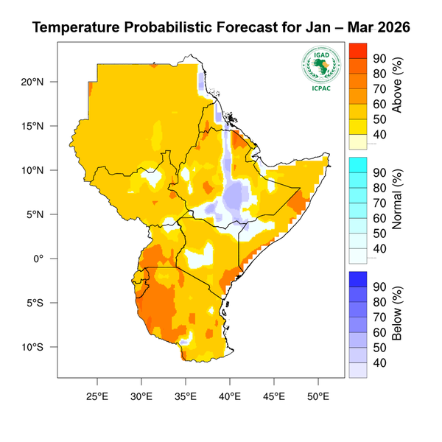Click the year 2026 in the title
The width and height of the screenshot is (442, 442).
pos(387,29)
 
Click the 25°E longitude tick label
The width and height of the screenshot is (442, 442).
pos(97,396)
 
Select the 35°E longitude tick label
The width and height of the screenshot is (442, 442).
pos(186,396)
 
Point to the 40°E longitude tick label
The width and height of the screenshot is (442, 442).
pos(230,396)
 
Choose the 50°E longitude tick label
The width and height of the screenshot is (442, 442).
pos(318,396)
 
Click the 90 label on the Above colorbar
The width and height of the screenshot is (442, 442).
pos(381,59)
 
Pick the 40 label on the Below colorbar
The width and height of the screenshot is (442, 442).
pos(381,362)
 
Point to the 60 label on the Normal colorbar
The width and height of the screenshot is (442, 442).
pos(381,218)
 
